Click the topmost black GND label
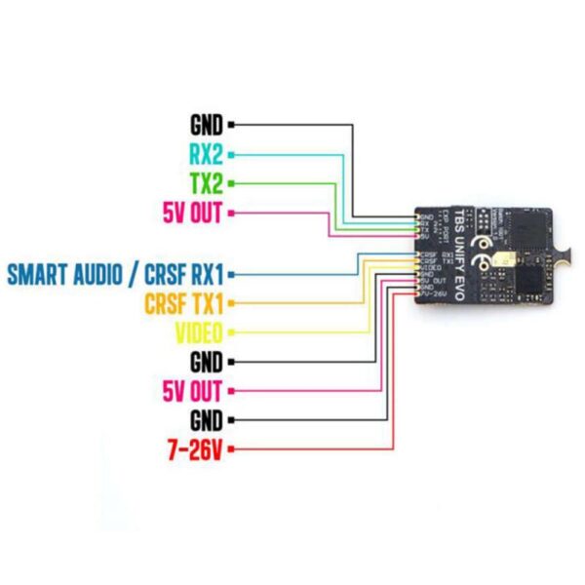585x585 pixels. [207, 125]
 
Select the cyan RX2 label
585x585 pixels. [207, 154]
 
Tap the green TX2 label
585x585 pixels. [207, 182]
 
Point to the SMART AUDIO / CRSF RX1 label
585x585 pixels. [114, 273]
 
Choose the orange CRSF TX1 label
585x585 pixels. [183, 301]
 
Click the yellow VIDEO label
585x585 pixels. [198, 331]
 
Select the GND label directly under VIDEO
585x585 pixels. [207, 362]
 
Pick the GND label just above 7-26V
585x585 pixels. [207, 420]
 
